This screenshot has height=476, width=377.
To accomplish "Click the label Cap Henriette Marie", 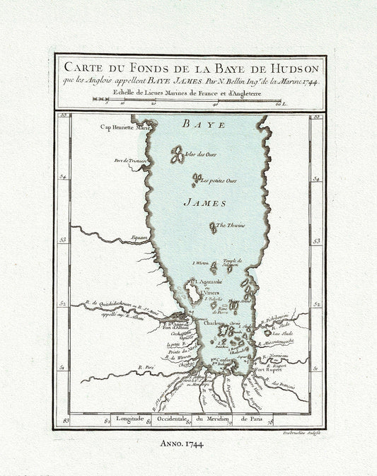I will click(125, 128).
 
